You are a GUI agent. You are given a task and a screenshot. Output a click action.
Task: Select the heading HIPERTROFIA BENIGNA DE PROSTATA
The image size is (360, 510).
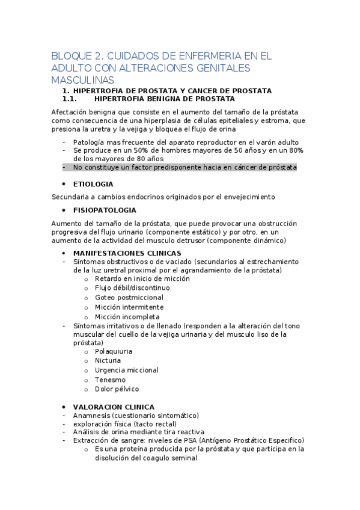point(165,99)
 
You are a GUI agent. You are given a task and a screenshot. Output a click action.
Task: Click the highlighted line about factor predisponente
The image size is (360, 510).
point(185,167)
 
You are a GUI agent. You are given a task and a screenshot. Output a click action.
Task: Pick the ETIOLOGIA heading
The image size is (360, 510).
point(93,184)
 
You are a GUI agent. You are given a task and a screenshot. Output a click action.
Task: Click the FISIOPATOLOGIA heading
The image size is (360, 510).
point(105,210)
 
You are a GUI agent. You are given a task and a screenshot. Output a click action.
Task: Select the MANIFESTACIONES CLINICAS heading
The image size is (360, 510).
point(127,253)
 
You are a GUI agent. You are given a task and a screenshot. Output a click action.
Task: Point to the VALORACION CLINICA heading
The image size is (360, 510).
point(114,407)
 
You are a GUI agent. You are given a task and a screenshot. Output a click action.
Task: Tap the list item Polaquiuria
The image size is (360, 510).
point(114,351)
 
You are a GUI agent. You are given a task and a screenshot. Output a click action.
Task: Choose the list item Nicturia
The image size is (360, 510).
point(108,360)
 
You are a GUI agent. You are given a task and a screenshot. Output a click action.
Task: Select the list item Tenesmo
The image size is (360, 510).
point(110,379)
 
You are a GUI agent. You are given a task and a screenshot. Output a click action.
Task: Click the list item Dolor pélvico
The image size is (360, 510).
point(117,389)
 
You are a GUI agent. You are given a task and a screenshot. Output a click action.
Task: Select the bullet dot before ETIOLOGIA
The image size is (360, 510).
point(64,184)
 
